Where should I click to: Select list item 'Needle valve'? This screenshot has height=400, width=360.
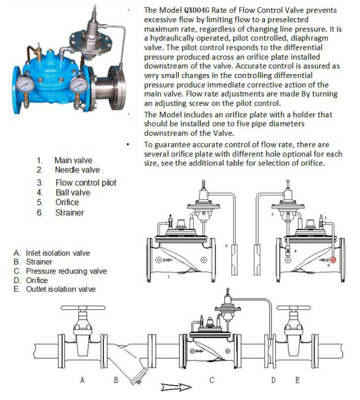77,170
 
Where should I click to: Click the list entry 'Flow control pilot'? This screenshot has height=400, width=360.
86,182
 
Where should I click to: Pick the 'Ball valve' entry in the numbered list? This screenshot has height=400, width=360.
72,192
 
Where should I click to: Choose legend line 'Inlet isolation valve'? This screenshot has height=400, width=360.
57,253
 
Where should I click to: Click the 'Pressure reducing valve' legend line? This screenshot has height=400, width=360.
66,271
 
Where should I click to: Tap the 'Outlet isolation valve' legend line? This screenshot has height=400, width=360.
60,290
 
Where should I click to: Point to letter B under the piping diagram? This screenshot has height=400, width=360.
116,380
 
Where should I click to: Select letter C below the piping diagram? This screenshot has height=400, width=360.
211,380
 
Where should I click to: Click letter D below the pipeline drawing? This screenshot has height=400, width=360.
273,380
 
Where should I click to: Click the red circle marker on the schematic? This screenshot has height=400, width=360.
333,260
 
